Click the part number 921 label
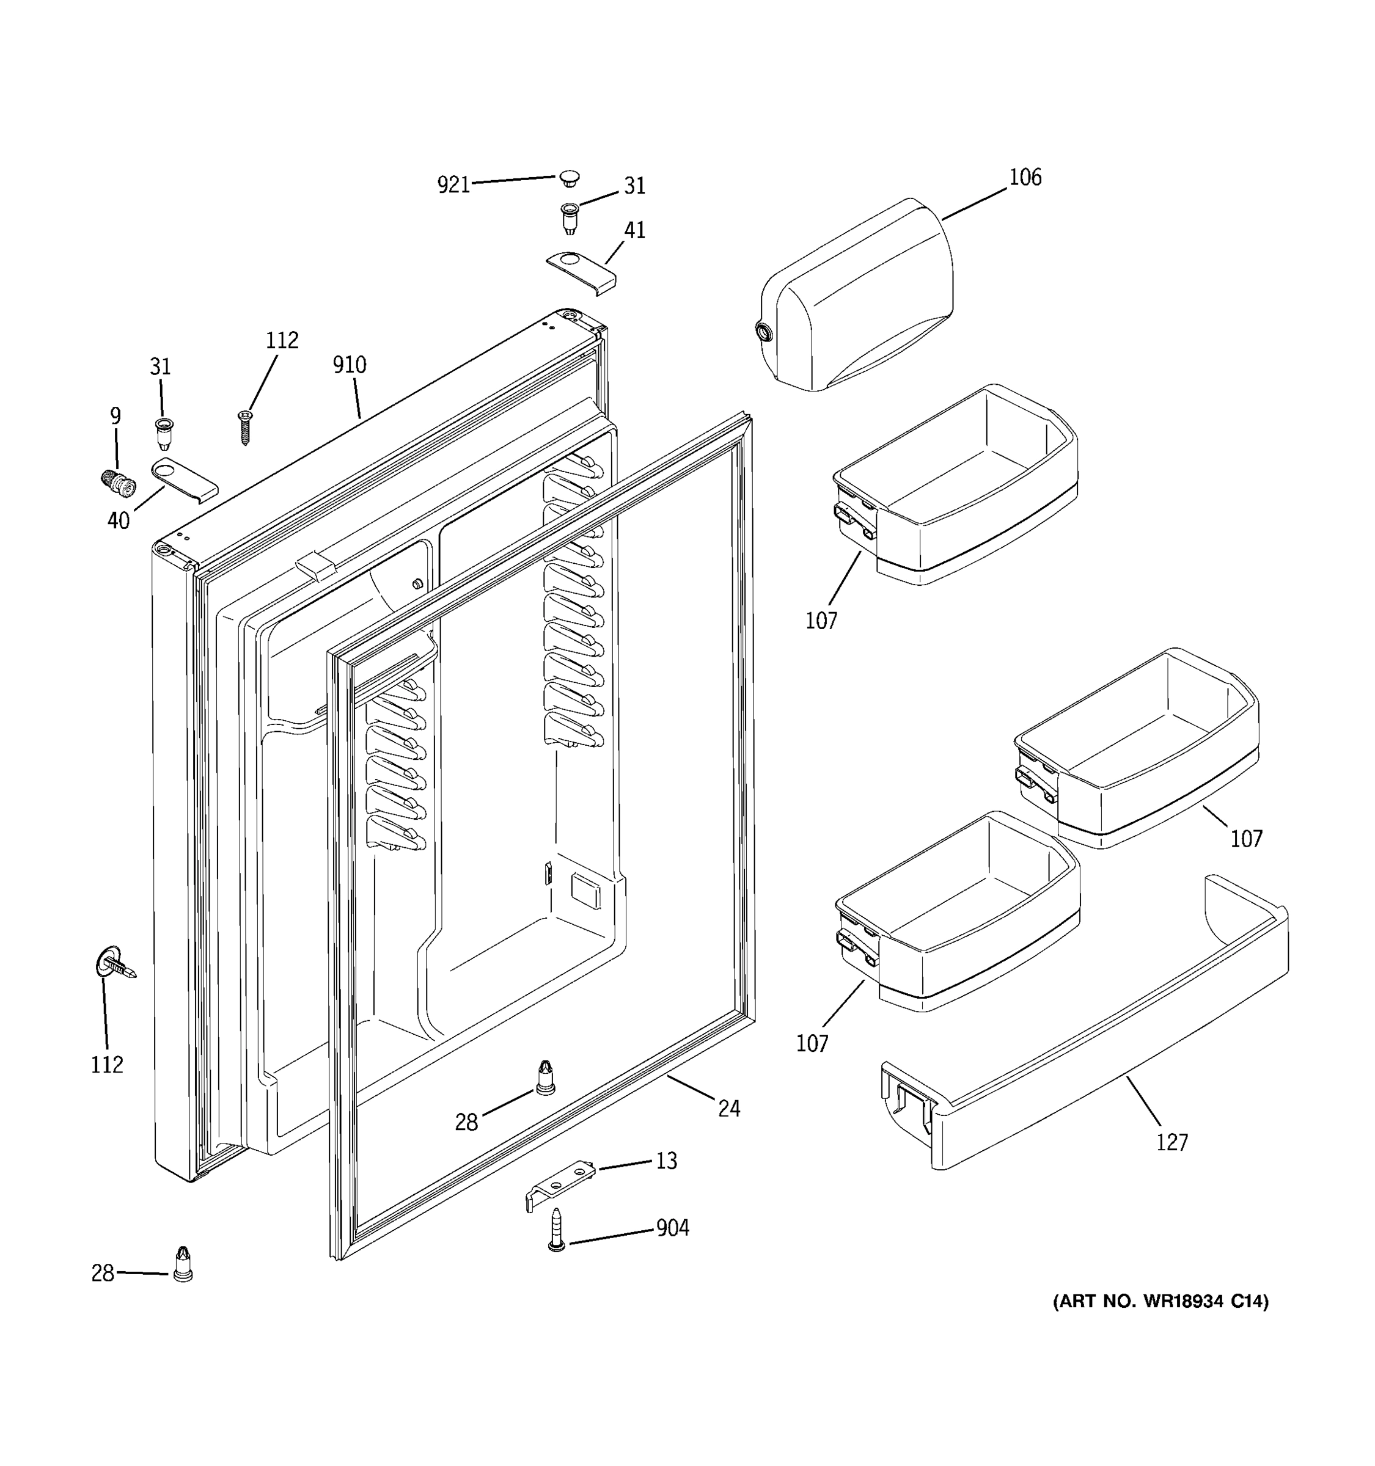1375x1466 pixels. click(453, 184)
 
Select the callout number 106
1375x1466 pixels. click(1025, 177)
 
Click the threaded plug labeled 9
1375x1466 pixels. click(118, 484)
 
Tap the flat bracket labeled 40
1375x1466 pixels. click(184, 480)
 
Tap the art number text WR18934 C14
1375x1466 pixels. click(1160, 1322)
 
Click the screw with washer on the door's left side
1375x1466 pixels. click(115, 965)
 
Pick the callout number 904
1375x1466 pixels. click(672, 1228)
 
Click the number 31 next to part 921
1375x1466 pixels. click(634, 186)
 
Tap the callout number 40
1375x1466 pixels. click(118, 520)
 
